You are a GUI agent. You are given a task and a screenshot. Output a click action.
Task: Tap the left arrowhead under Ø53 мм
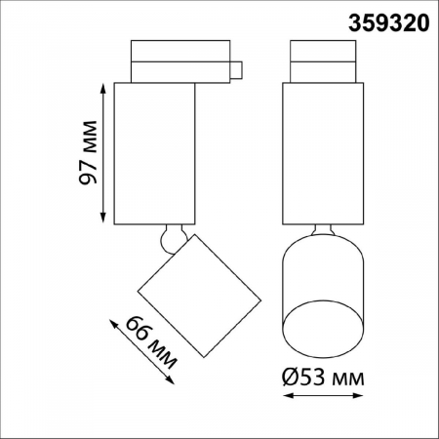pyautogui.click(x=285, y=394)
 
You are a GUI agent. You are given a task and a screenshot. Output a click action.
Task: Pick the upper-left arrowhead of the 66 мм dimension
pyautogui.click(x=115, y=318)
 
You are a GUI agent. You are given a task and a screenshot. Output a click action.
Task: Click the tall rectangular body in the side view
pyautogui.click(x=156, y=152)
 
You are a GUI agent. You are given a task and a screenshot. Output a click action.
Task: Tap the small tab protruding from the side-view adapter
pyautogui.click(x=235, y=69)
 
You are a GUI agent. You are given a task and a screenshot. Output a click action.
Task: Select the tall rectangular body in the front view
pyautogui.click(x=321, y=152)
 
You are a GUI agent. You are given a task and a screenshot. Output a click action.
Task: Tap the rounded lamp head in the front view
pyautogui.click(x=321, y=293)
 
